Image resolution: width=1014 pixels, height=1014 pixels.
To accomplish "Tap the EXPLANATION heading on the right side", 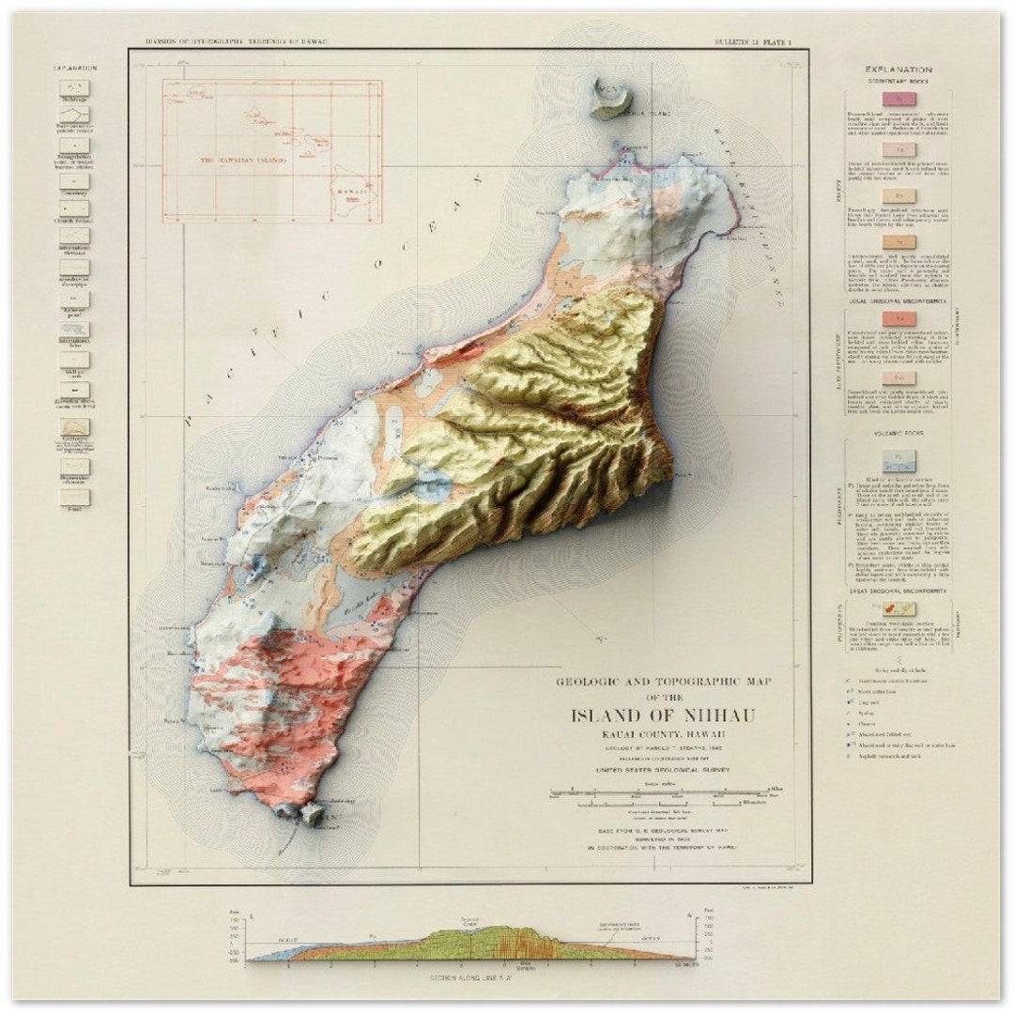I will [x=899, y=69].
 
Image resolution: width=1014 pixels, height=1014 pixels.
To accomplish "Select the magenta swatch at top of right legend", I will [x=899, y=98].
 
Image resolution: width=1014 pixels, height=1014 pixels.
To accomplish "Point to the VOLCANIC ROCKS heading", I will [x=899, y=435].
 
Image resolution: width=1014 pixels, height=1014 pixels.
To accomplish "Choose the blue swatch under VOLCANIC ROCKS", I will [x=899, y=460].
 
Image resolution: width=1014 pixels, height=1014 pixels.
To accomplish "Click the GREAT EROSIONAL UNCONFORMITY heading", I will [x=899, y=591].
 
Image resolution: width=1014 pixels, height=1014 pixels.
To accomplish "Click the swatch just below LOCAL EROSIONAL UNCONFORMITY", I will [x=899, y=319].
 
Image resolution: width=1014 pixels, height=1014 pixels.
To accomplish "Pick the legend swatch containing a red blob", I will [x=899, y=610].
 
